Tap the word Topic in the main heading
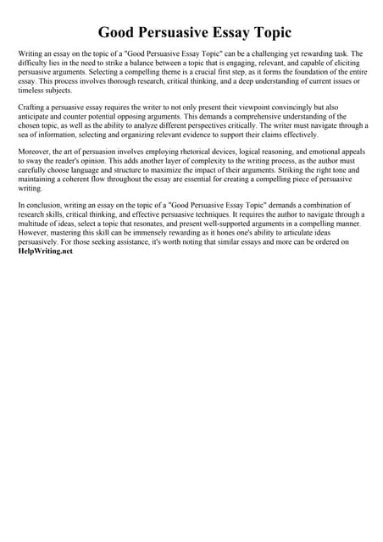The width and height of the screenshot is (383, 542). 267,33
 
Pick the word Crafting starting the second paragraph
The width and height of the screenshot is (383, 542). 33,108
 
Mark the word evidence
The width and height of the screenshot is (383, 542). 203,135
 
